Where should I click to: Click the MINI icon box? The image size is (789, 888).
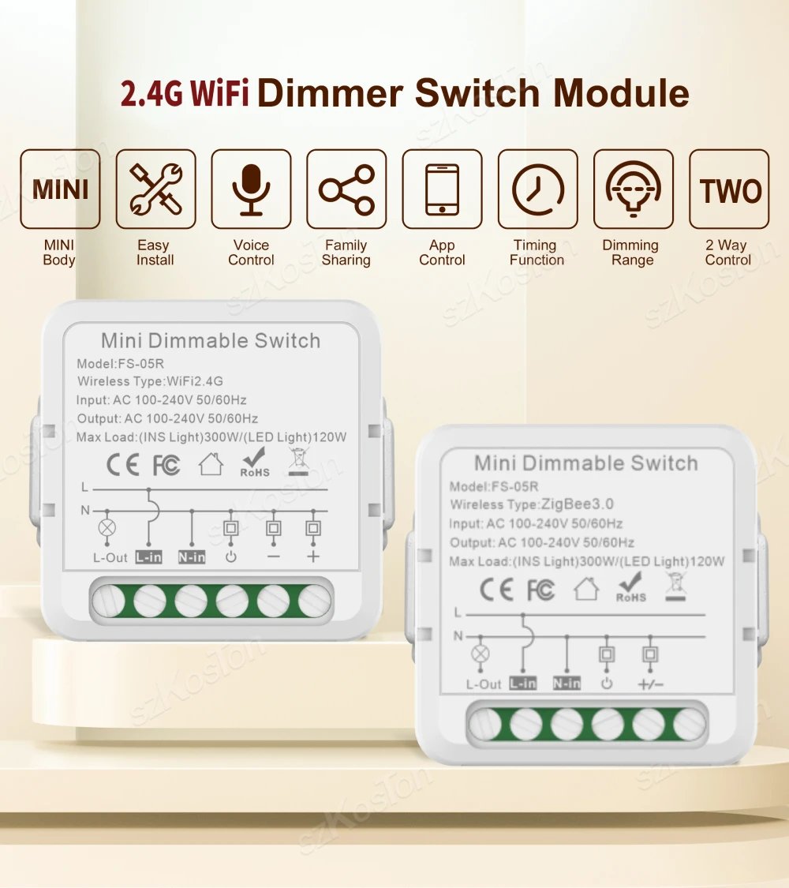pos(60,189)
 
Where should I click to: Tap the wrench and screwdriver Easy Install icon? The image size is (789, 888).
pos(155,189)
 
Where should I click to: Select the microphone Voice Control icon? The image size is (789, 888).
pos(251,189)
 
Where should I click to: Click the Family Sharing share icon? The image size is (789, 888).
pos(346,189)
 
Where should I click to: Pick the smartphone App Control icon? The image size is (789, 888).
pos(442,189)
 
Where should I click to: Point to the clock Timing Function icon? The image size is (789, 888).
pos(537,189)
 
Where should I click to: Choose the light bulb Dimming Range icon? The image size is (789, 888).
pos(633,189)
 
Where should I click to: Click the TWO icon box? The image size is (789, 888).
pos(729,189)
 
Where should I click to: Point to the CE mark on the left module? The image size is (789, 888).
pos(123,465)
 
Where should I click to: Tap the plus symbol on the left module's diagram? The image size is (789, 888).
pos(313,556)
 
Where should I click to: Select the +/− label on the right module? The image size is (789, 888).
pos(650,684)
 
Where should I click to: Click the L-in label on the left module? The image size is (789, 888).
pos(148,557)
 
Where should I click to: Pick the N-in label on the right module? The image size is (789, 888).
pos(567,684)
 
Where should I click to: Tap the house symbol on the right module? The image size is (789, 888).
pos(586,589)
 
